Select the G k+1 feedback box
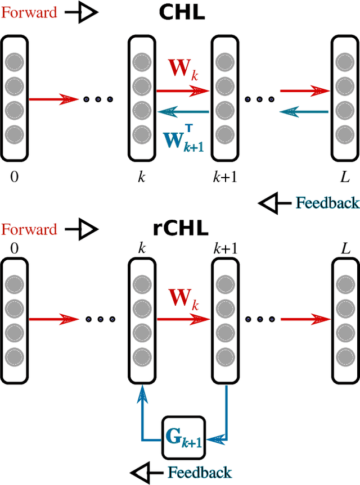183,437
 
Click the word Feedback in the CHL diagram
327,202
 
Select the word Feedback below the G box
200,472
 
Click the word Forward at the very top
29,12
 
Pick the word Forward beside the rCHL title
29,229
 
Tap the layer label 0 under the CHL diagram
14,178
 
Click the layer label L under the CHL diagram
345,178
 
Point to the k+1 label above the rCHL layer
224,248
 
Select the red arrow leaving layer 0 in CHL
53,99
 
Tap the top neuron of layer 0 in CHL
14,61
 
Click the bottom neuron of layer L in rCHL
345,356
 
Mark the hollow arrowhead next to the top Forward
88,13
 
